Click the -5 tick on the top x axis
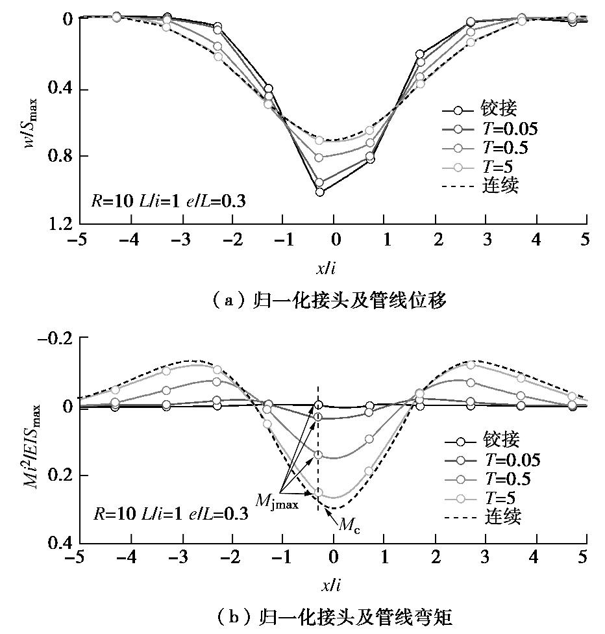[x=79, y=240]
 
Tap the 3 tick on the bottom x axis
[x=486, y=558]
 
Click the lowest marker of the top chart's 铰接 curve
[x=319, y=192]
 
